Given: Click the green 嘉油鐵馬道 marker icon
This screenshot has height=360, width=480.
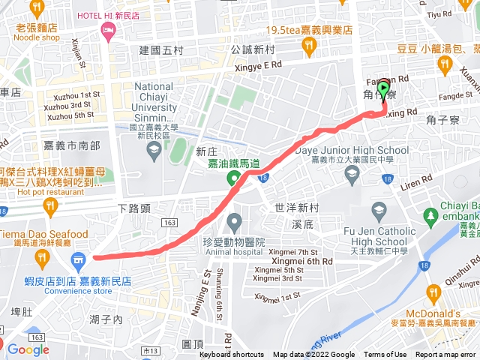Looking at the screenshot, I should click(x=234, y=178).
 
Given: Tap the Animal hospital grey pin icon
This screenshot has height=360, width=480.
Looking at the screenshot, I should click(x=234, y=222).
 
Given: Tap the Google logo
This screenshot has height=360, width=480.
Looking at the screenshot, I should click(x=28, y=349).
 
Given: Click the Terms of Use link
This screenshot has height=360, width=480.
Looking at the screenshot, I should click(x=385, y=355).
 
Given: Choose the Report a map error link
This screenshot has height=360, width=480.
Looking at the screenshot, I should click(x=446, y=355).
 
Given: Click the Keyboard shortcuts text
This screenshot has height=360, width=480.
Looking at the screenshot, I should click(x=232, y=355).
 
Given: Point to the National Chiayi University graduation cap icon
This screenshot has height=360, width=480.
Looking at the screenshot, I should click(x=154, y=148).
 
